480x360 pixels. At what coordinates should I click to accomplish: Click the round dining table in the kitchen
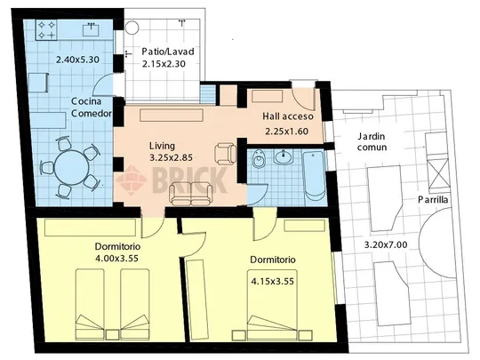pyautogui.click(x=72, y=168)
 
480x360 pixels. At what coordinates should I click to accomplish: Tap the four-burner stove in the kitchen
pyautogui.click(x=46, y=29)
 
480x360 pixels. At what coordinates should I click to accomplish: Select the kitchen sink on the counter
pyautogui.click(x=92, y=29)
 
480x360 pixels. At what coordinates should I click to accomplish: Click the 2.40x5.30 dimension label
pyautogui.click(x=77, y=60)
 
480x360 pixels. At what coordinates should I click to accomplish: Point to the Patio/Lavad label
pyautogui.click(x=168, y=52)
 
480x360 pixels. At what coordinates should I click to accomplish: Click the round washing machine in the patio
pyautogui.click(x=132, y=28)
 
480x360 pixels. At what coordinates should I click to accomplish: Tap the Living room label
pyautogui.click(x=162, y=146)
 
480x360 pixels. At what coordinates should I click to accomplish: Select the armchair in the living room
pyautogui.click(x=226, y=154)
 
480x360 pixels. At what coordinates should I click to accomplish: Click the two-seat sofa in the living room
pyautogui.click(x=191, y=194)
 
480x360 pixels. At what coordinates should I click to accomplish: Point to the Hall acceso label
pyautogui.click(x=288, y=116)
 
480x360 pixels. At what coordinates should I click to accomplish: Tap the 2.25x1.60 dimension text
pyautogui.click(x=286, y=132)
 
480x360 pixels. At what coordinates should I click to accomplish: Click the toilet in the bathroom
pyautogui.click(x=260, y=159)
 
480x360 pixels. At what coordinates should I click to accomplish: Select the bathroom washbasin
pyautogui.click(x=284, y=157)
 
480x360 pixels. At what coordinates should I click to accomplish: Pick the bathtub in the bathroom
pyautogui.click(x=314, y=176)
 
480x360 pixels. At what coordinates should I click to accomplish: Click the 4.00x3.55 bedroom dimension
pyautogui.click(x=117, y=259)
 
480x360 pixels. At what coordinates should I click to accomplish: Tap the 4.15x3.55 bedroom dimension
pyautogui.click(x=273, y=281)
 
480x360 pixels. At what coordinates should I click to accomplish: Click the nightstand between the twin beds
pyautogui.click(x=112, y=334)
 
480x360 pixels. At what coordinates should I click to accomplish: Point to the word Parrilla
pyautogui.click(x=433, y=200)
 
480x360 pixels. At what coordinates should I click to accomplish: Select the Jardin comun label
pyautogui.click(x=372, y=141)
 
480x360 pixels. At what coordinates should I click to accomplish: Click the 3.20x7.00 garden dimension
pyautogui.click(x=386, y=245)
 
